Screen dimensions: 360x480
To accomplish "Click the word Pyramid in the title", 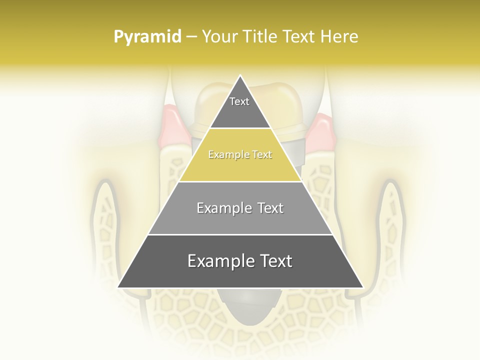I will [147, 37].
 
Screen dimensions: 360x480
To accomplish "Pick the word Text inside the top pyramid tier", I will [239, 101].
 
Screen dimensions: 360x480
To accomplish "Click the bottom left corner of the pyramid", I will [118, 287].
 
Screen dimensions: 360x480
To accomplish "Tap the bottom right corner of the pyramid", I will [363, 287].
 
